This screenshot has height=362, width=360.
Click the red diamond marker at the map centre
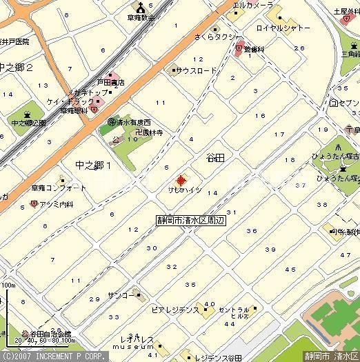(x=181, y=181)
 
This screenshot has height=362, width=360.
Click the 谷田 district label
(x=215, y=158)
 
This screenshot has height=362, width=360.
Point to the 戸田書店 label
(x=110, y=83)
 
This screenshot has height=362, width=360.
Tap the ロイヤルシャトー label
(x=283, y=29)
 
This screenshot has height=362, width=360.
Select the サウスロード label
(x=197, y=70)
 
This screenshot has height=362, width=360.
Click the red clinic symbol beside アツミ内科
(x=32, y=205)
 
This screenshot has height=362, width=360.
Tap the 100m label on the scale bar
(x=8, y=285)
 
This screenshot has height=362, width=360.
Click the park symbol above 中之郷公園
(x=27, y=114)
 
